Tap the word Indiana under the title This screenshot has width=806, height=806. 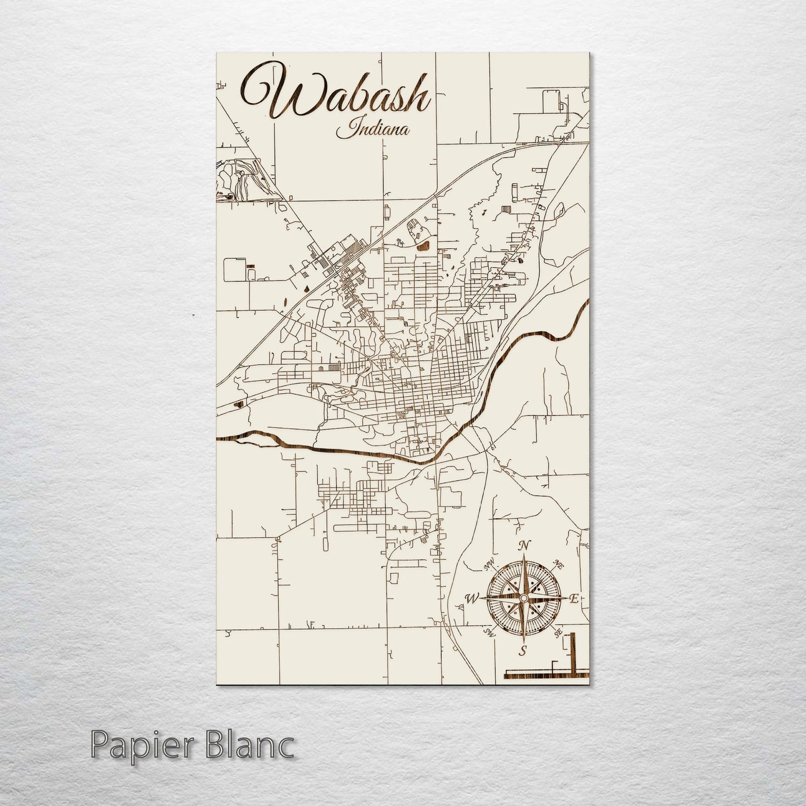tap(373, 131)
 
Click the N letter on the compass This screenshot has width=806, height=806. tap(523, 547)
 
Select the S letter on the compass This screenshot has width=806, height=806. tap(523, 650)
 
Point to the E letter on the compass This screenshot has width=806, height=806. tap(574, 599)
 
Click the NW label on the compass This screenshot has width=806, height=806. tap(489, 567)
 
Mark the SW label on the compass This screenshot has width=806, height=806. tap(490, 633)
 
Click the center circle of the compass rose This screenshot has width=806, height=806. tap(523, 598)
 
